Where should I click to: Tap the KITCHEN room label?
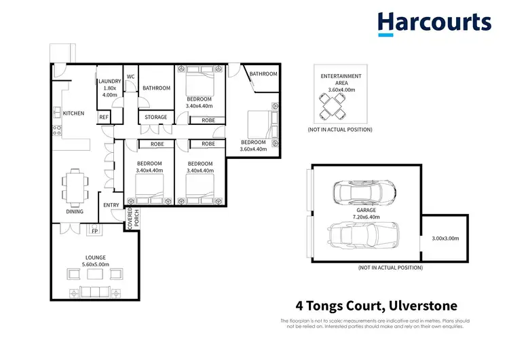73,113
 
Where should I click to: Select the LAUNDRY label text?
109,88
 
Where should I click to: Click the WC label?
130,76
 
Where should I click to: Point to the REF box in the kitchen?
104,118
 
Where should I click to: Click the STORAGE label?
155,118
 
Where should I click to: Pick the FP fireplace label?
95,231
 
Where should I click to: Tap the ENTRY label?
111,205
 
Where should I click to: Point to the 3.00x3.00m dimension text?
445,238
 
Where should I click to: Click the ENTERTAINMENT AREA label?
341,83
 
